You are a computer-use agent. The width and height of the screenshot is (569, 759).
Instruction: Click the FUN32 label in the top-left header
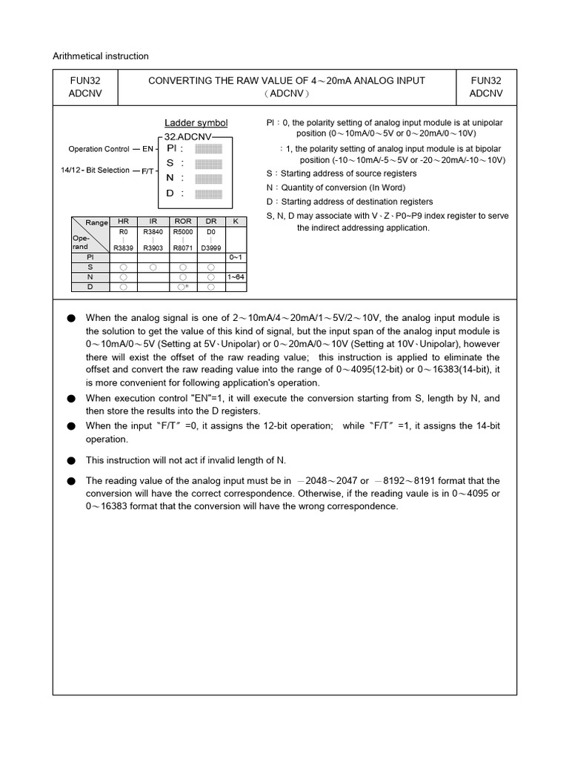pos(85,81)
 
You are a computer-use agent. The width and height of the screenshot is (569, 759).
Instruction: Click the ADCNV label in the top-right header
pos(485,94)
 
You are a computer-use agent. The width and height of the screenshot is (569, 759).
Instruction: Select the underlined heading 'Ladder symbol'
pos(196,123)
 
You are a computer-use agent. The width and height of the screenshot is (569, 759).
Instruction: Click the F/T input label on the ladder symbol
pos(147,171)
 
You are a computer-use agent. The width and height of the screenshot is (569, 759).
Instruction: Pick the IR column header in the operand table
pos(153,222)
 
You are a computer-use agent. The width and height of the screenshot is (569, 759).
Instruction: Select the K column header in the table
pos(236,222)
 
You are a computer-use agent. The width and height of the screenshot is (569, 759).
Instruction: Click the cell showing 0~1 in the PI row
pos(236,256)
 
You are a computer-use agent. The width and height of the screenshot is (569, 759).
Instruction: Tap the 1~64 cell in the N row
pos(236,276)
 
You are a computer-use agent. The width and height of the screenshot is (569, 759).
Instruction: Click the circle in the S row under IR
pos(153,267)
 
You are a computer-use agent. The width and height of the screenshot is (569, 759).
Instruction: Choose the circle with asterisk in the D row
pos(183,286)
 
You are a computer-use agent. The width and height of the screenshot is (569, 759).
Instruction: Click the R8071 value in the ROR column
pos(182,248)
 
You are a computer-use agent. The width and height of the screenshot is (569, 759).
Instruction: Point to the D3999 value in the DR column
pos(211,248)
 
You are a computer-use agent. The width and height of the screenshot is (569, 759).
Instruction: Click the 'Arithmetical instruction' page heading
pos(101,56)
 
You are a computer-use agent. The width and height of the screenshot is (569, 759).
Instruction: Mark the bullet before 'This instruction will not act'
pos(71,460)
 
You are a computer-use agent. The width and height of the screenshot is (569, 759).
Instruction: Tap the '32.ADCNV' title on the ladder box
pos(188,137)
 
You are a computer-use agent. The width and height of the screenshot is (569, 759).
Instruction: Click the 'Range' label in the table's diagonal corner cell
pos(97,222)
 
